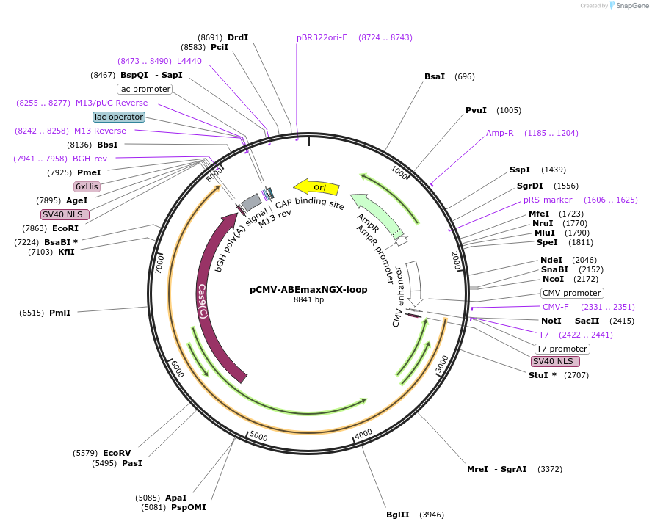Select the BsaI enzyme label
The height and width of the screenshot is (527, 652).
click(435, 76)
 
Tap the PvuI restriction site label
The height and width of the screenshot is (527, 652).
click(476, 111)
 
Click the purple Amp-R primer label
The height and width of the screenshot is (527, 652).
click(499, 134)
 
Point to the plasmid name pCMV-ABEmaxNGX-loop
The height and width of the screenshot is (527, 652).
click(308, 289)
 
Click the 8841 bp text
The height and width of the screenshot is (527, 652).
click(308, 300)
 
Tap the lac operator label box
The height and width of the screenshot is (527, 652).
click(119, 117)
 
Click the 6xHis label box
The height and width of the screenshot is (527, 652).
click(87, 186)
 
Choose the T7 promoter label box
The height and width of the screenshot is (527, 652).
click(562, 349)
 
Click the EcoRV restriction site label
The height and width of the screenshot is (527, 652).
click(117, 453)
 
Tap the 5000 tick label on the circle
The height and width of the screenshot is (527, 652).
click(258, 435)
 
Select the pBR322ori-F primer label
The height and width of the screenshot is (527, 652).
click(322, 37)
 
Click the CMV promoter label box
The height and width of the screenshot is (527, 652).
click(572, 293)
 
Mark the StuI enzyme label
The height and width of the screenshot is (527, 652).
click(538, 375)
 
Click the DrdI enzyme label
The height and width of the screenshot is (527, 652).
click(238, 37)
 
